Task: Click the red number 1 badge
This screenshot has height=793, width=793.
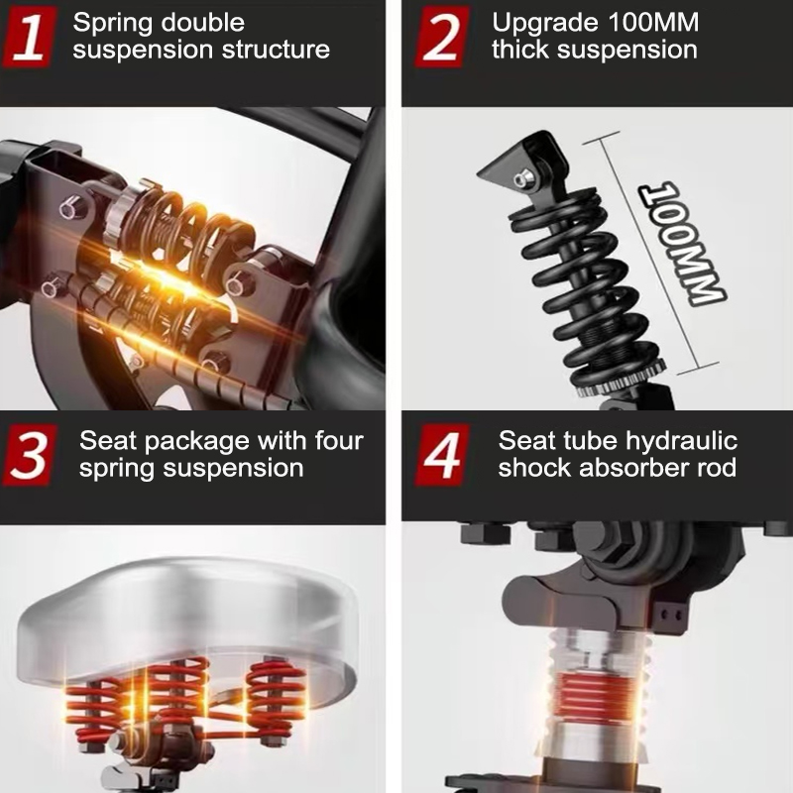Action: [x=29, y=37]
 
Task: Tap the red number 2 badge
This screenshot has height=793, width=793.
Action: [x=441, y=37]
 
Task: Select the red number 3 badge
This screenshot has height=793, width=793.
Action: [x=30, y=455]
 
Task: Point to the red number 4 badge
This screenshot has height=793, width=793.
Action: [x=442, y=455]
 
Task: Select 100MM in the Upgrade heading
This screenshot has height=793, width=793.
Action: [x=653, y=22]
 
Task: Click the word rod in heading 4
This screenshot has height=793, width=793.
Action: [x=717, y=467]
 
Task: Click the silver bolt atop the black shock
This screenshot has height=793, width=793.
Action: [x=522, y=179]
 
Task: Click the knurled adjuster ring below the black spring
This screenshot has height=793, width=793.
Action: [x=622, y=379]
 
